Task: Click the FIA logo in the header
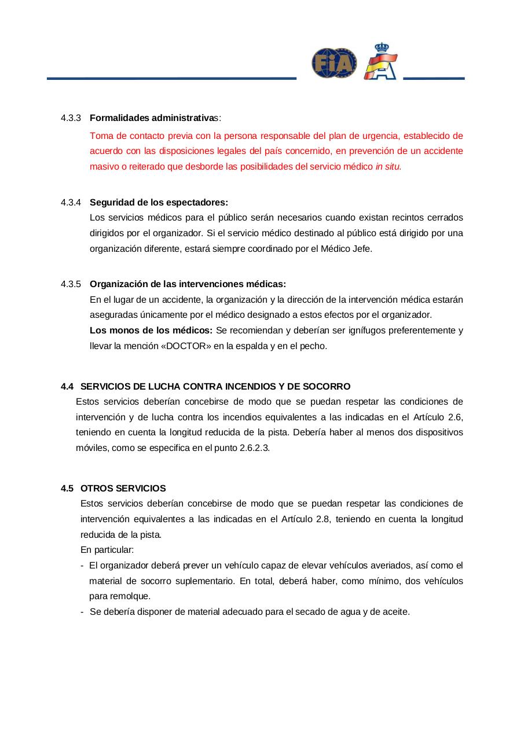coord(334,63)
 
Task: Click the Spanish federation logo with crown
coord(380,62)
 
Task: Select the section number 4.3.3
coord(71,118)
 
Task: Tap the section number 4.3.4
coord(71,202)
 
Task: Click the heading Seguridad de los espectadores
coord(159,202)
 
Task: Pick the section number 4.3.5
coord(71,284)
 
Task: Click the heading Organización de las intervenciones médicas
coord(188,284)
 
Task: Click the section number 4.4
coord(67,386)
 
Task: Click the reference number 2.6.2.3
coord(254,448)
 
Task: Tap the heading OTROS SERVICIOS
coord(123,488)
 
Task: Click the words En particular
coord(107,549)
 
